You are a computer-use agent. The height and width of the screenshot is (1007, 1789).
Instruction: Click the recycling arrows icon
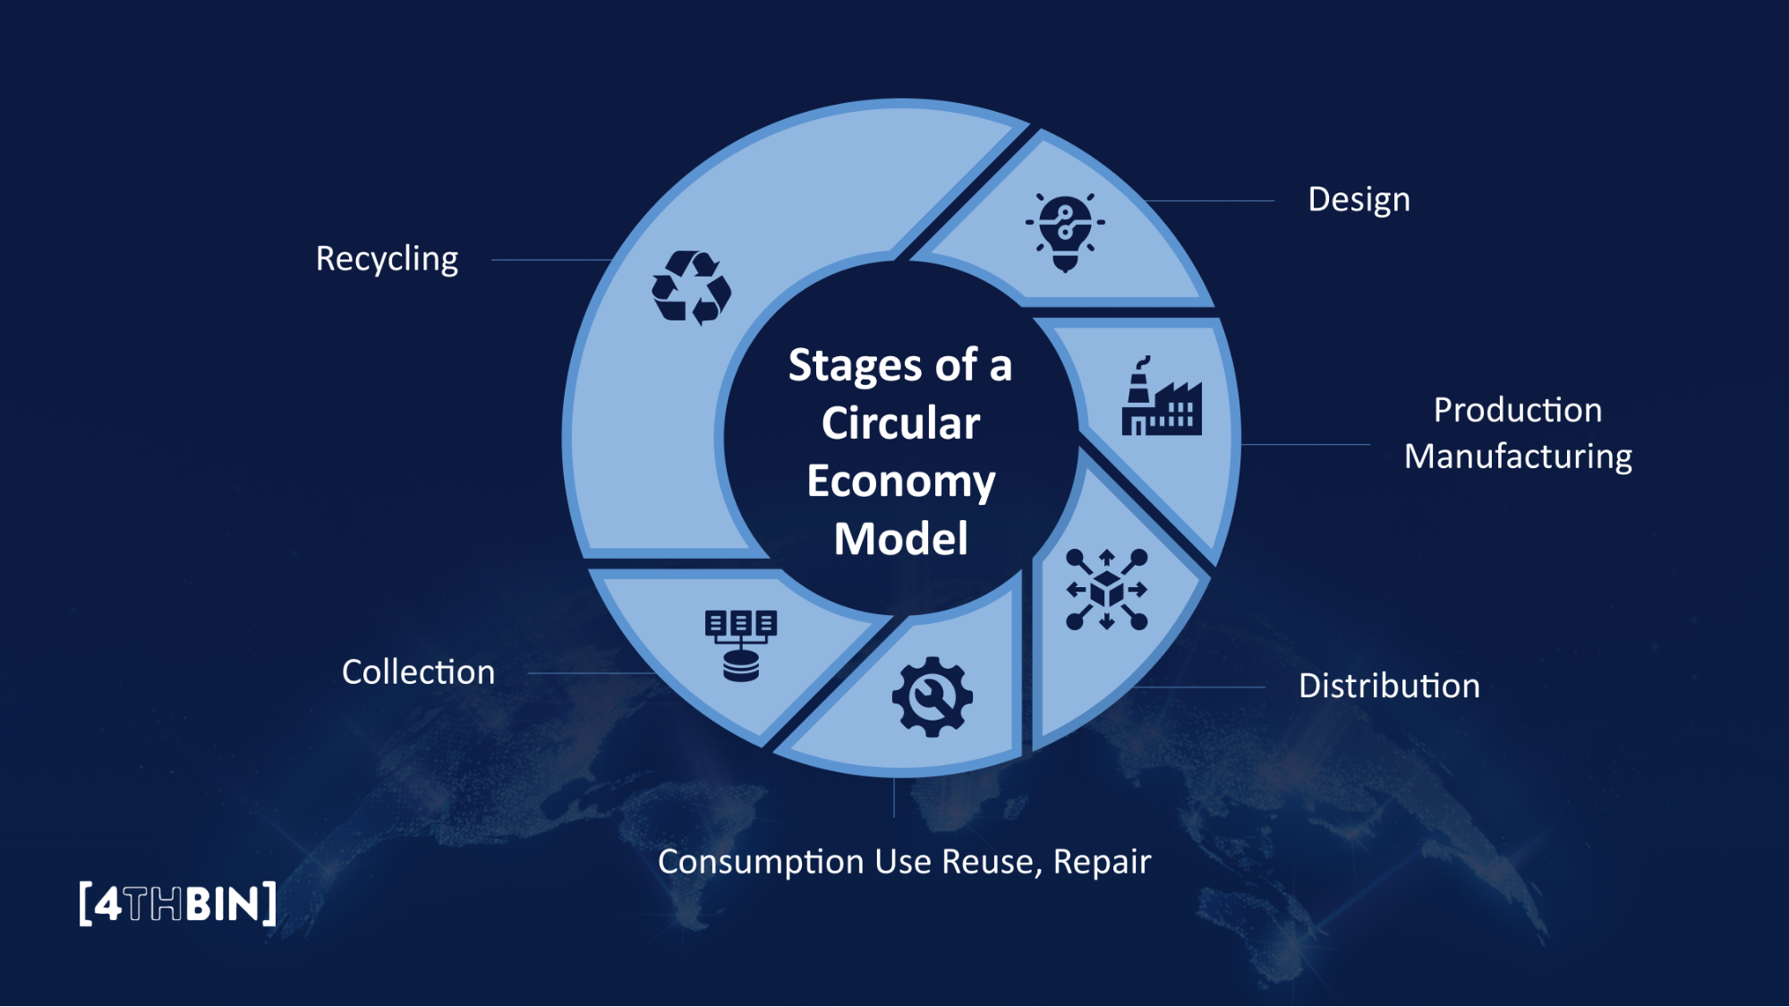691,287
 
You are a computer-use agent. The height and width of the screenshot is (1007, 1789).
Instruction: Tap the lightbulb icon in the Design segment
1065,231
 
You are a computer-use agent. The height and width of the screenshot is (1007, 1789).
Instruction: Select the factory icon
1161,398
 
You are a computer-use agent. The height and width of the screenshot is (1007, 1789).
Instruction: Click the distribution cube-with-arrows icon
1107,590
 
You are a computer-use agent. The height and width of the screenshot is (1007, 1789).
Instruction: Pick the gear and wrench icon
932,696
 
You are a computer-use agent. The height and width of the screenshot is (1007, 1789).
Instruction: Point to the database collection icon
740,645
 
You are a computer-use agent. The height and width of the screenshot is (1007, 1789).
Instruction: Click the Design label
1359,200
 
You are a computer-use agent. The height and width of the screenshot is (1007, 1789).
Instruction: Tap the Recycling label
387,260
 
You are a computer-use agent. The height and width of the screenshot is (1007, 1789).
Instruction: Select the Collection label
418,672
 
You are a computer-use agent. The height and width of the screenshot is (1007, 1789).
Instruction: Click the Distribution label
1389,687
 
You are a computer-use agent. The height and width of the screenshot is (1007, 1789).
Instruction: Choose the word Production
1518,410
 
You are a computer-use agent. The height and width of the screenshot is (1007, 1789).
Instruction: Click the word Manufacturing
1518,457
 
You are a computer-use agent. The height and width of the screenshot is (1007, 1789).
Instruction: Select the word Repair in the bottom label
1102,862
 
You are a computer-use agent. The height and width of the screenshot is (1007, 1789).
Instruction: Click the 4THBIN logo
177,904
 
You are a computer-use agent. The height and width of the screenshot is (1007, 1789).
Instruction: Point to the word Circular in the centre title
900,422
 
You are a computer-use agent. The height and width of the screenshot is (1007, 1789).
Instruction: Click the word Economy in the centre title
900,482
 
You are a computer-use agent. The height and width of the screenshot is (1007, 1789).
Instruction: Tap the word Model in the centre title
900,539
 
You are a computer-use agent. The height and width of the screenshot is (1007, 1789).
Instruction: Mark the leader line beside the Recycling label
550,260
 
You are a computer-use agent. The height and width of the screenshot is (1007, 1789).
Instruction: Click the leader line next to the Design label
1208,201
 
